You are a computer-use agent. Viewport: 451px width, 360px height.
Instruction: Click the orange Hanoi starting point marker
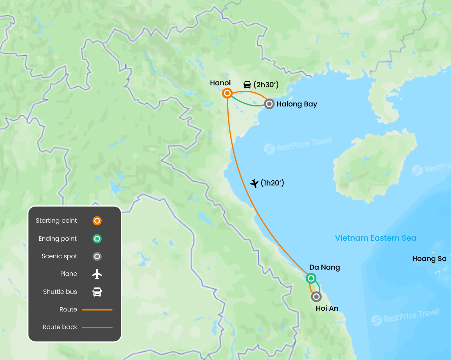click(227, 93)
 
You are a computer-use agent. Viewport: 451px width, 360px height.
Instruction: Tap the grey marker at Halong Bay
click(269, 104)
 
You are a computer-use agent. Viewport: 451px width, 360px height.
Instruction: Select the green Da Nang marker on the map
click(311, 278)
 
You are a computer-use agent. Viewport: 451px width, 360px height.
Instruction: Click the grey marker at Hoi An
click(316, 297)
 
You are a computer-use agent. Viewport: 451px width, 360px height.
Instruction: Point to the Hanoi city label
click(220, 83)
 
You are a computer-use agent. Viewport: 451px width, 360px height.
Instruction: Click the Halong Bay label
click(297, 104)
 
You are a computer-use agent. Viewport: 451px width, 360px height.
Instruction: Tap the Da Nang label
click(325, 267)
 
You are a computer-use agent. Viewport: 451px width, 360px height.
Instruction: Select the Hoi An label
click(327, 308)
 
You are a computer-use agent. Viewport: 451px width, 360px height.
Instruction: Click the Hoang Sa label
click(429, 259)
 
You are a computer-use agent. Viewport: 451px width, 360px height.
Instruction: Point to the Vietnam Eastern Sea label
click(375, 238)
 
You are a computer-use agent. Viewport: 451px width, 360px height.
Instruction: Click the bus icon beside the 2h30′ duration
click(247, 85)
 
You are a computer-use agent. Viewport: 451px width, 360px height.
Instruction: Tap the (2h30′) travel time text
click(266, 85)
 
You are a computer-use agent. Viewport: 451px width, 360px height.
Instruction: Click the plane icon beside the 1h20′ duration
click(254, 183)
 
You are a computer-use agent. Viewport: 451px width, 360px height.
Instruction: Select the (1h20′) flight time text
click(272, 183)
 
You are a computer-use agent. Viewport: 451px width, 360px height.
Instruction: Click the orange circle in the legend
click(97, 221)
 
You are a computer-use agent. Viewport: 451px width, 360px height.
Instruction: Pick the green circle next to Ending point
click(97, 239)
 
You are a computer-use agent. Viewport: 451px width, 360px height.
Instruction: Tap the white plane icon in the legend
click(97, 274)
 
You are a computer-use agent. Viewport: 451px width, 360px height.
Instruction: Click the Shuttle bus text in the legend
click(60, 292)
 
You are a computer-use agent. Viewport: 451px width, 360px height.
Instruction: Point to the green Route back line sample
click(97, 327)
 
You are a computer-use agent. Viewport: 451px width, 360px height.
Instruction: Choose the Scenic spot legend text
click(60, 256)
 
